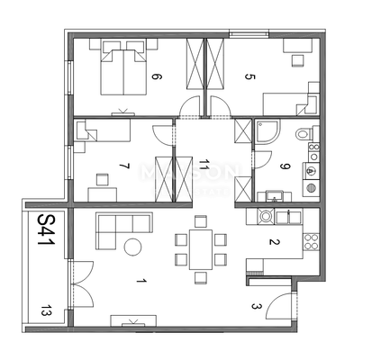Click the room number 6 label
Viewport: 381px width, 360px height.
[156, 76]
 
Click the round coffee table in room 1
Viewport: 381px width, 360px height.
[133, 247]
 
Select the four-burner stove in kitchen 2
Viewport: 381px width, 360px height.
[311, 240]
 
